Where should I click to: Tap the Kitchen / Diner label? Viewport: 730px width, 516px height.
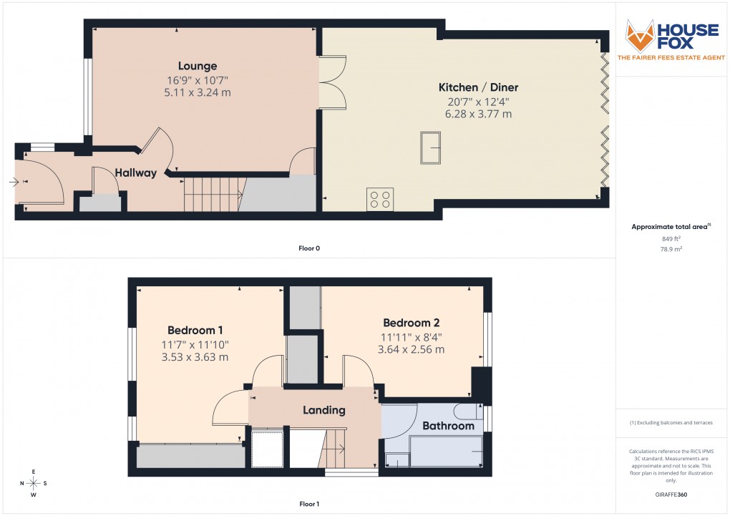[x=478, y=87]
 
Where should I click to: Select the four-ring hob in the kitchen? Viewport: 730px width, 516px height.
[x=380, y=199]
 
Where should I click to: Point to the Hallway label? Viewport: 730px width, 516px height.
[x=136, y=172]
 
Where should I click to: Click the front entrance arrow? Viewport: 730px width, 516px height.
[x=14, y=182]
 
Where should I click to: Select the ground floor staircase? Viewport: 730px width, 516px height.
[x=212, y=194]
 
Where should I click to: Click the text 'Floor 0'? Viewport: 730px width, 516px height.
[x=309, y=248]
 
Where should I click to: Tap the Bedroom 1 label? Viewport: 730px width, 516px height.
[x=195, y=330]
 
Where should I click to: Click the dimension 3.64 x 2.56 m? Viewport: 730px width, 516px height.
[x=411, y=349]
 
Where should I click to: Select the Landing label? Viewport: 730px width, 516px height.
[x=323, y=410]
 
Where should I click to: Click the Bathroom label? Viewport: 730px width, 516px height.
[x=448, y=426]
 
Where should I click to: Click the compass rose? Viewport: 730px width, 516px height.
[x=33, y=482]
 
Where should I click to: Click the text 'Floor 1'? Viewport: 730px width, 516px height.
[x=309, y=505]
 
